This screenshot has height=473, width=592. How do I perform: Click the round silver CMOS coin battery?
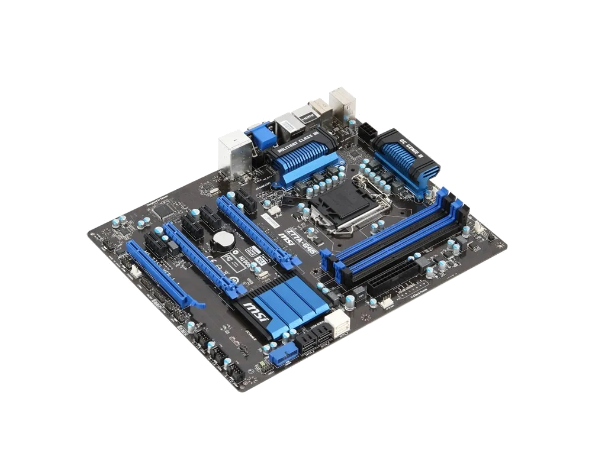pos(224,238)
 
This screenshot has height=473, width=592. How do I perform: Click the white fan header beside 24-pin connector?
pos(386,302)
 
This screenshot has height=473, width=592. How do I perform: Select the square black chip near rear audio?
pos(160,209)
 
